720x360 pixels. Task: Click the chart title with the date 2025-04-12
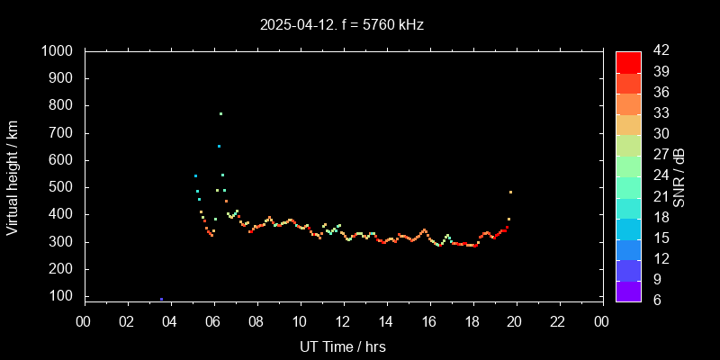pos(341,25)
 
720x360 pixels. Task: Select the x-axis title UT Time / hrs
pos(342,346)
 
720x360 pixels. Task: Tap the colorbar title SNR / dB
pos(679,176)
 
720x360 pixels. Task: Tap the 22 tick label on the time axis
pos(558,321)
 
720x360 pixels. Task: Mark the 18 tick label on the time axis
pos(472,321)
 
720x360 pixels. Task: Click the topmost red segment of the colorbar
pos(628,61)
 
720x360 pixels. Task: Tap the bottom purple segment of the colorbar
pos(628,290)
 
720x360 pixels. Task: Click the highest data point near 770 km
pos(220,113)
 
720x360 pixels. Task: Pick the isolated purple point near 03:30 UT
pos(161,299)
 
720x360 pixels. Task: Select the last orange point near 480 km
pos(510,192)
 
